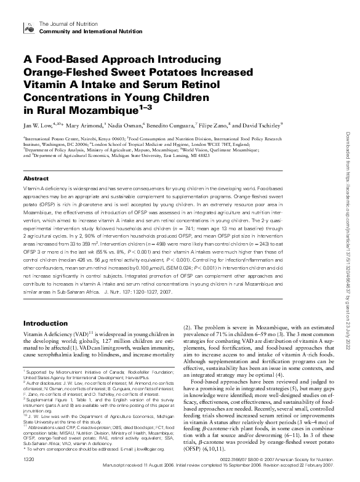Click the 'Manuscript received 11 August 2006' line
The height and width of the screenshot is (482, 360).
[x=130, y=466]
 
